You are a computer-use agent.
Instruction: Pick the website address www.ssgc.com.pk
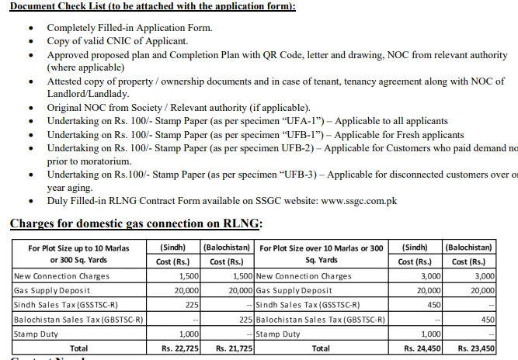point(359,200)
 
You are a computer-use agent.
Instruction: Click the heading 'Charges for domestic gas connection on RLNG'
point(136,223)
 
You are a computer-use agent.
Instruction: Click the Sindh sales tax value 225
point(192,305)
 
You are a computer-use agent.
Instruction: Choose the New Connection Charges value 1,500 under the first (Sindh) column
point(189,276)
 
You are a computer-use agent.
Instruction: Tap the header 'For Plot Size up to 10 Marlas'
point(78,248)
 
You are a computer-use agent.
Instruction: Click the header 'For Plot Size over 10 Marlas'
point(321,248)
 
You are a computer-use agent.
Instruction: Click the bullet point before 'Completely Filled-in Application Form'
point(30,28)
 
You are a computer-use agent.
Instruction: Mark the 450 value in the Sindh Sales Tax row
point(433,305)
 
